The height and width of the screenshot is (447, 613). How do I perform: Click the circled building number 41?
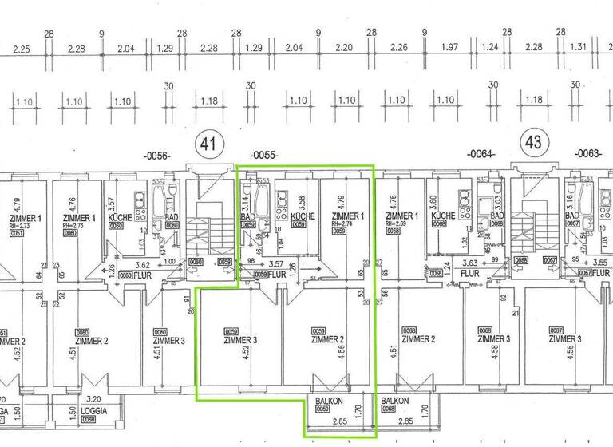(210, 144)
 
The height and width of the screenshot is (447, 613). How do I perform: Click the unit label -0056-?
(156, 155)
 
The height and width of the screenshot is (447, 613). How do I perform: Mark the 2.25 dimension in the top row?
(22, 49)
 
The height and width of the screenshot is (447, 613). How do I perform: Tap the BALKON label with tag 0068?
(395, 400)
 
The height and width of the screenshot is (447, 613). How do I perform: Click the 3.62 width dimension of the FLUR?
(143, 264)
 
